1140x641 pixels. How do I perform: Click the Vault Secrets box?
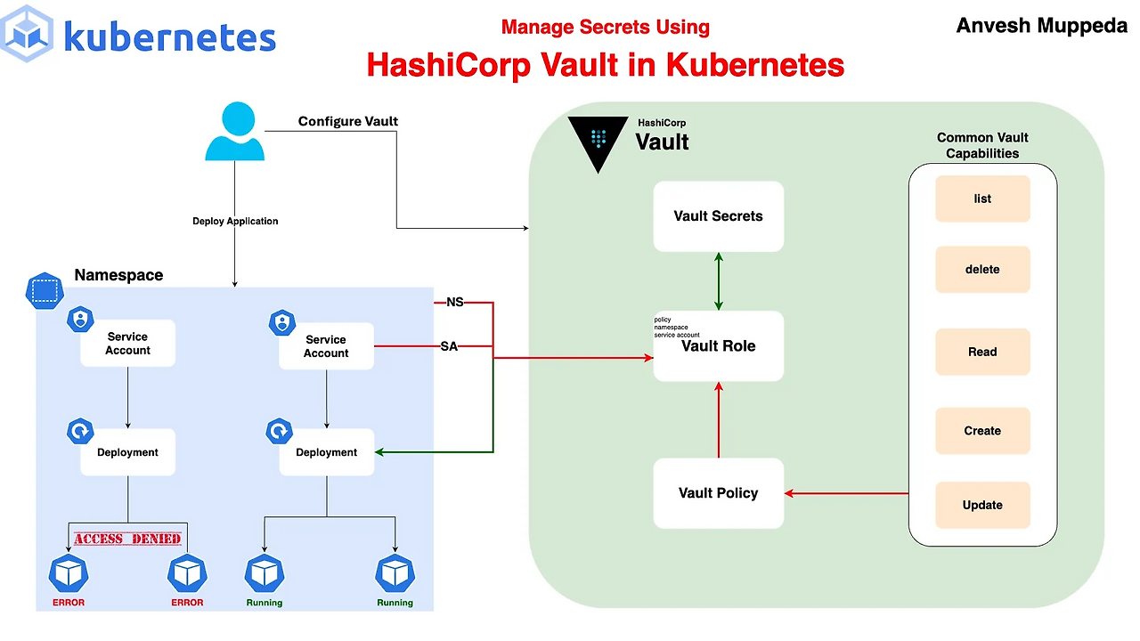click(x=718, y=216)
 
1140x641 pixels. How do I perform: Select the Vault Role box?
click(x=718, y=346)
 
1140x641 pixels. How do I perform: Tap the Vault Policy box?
click(x=718, y=493)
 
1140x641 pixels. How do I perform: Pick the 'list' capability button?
click(x=982, y=199)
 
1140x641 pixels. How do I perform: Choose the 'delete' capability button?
click(x=982, y=270)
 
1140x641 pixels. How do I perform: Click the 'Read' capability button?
click(x=982, y=352)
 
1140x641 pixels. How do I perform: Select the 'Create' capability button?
click(x=982, y=431)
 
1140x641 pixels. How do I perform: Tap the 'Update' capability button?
click(x=982, y=506)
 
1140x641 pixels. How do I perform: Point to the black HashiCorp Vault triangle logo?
click(x=598, y=142)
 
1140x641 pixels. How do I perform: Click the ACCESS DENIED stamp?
click(x=127, y=539)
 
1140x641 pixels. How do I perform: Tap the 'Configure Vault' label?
click(x=347, y=121)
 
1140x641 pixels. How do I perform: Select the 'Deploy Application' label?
click(x=235, y=221)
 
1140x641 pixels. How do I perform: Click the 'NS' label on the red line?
click(x=454, y=302)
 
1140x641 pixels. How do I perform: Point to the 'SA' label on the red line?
click(x=449, y=346)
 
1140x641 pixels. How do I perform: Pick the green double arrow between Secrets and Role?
click(x=719, y=281)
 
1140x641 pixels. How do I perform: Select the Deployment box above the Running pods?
click(x=326, y=452)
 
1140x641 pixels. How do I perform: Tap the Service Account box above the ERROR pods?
click(x=127, y=344)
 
